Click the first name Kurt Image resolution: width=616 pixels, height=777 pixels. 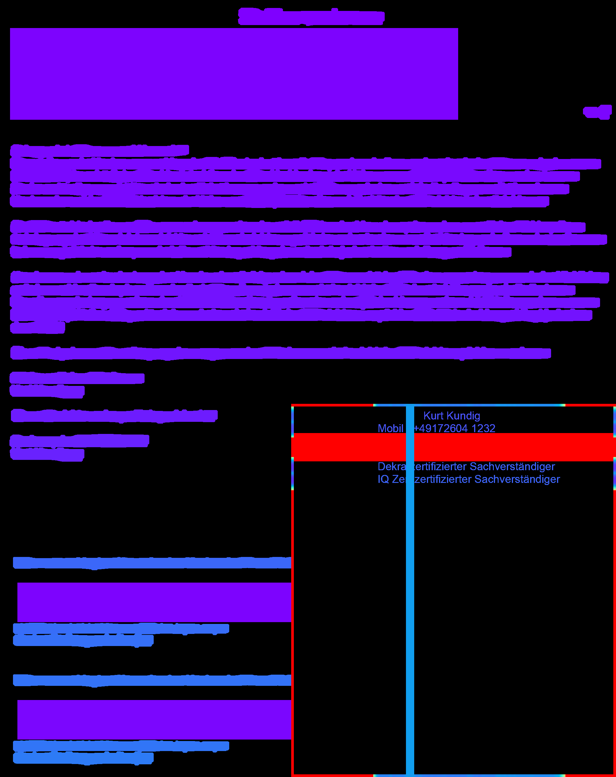433,416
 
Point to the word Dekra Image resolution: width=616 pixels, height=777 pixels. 391,466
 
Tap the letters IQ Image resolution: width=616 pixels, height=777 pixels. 383,479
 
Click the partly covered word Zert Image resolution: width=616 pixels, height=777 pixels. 399,479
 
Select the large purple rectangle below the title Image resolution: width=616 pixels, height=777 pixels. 234,73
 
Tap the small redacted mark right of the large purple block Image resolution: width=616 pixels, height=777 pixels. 597,112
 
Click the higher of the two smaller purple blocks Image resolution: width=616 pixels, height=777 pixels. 154,602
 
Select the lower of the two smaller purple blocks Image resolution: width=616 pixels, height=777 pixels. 154,720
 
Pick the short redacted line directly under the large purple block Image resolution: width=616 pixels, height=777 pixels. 99,150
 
